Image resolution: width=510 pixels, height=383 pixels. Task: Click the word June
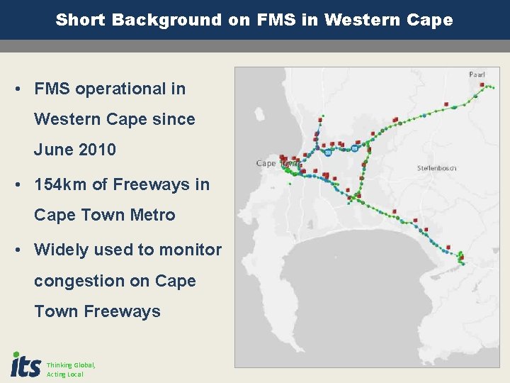coord(52,150)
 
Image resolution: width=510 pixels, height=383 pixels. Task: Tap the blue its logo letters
coord(27,366)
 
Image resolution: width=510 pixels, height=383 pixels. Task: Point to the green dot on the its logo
coord(16,354)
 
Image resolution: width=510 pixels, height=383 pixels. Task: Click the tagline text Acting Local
coord(65,374)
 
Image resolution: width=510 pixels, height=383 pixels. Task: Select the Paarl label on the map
coord(477,74)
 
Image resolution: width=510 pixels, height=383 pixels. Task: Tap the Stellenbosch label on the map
coord(436,168)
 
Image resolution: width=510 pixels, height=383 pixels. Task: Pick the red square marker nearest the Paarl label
coord(482,85)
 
